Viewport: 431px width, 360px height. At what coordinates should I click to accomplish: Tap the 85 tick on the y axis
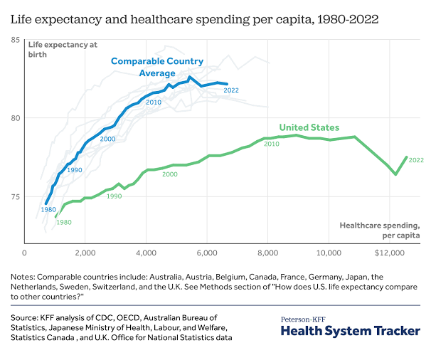(14, 40)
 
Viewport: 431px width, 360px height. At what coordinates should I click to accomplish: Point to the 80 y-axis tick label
(14, 118)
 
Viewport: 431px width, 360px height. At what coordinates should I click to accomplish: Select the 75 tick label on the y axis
(14, 196)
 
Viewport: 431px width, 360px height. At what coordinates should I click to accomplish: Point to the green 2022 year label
(416, 160)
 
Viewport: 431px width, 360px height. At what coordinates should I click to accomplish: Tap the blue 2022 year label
(231, 90)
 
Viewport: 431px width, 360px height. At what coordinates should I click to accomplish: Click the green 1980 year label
(64, 223)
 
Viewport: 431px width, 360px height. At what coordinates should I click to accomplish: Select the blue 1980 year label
(48, 210)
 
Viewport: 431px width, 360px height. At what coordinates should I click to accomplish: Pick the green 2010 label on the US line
(271, 144)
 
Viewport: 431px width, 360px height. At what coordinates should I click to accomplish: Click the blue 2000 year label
(107, 138)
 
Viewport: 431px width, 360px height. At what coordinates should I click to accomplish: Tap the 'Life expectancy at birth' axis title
(53, 50)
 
